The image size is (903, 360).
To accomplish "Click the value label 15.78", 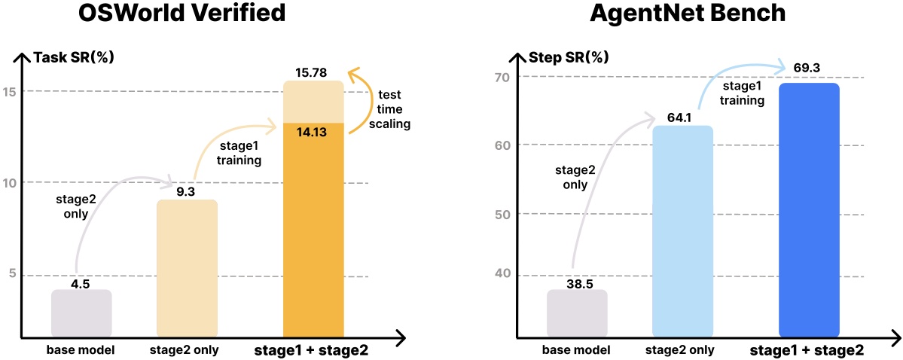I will click(313, 72).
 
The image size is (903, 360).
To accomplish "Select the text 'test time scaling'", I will click(389, 109).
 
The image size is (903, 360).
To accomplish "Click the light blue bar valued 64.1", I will click(682, 230).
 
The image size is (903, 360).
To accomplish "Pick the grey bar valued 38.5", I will click(577, 313).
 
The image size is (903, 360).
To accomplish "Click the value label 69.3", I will click(807, 69).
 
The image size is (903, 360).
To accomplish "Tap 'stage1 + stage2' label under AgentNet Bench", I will click(807, 351).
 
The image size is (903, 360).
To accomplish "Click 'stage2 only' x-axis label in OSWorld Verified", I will click(185, 350).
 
